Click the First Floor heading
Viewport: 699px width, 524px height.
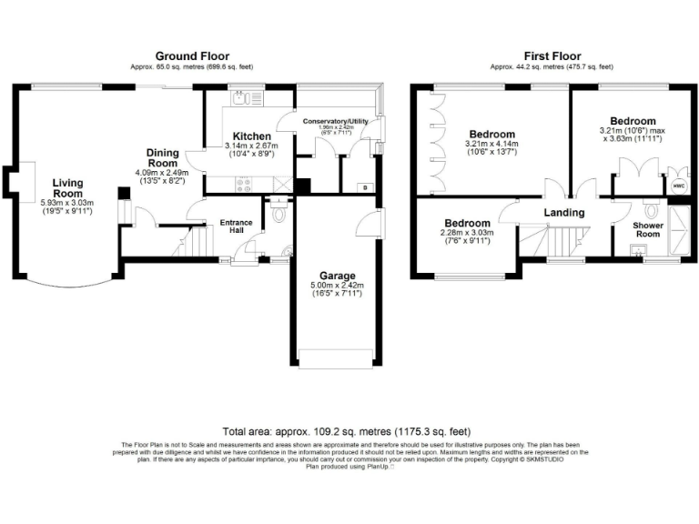coord(552,55)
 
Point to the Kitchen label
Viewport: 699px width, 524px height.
coord(251,136)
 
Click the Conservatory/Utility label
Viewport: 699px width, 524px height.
coord(338,121)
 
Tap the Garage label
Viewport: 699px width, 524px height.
coord(337,276)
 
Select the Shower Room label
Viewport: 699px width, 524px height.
coord(647,228)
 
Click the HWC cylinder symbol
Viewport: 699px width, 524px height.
coord(678,184)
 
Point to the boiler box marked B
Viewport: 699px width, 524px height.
coord(365,186)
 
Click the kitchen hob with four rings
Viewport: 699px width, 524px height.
coord(245,185)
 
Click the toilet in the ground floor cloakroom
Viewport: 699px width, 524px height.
coord(279,215)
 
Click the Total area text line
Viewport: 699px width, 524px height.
coord(349,431)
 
